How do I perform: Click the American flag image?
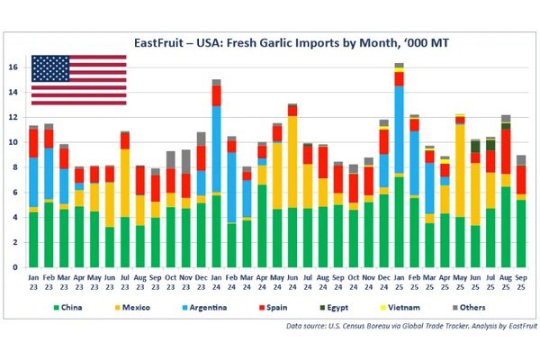coord(79,80)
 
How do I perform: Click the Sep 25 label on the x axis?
coord(521,282)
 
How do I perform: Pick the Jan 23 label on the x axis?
coord(33,282)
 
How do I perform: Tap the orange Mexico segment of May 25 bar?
coord(460,170)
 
